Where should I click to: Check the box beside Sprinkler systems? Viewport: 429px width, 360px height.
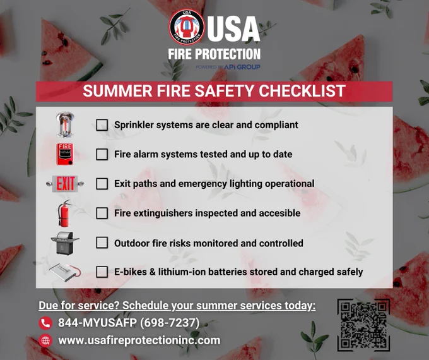point(102,125)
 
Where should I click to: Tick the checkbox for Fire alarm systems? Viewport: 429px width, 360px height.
point(102,154)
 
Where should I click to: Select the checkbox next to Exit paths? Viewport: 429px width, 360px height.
point(102,184)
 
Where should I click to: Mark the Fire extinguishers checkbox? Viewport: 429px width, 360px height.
point(102,213)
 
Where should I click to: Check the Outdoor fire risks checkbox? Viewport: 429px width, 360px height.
point(102,243)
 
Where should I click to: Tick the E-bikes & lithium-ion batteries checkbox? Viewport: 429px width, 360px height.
point(102,272)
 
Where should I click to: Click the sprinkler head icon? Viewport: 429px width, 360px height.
point(65,124)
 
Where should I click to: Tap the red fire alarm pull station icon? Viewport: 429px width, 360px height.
point(65,154)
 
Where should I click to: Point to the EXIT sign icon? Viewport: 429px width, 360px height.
point(65,184)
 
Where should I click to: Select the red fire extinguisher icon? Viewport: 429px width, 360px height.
point(64,213)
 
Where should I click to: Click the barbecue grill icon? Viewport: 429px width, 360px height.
point(65,243)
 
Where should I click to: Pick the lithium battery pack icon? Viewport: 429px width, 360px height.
point(65,272)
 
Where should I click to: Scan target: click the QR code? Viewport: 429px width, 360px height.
point(363,325)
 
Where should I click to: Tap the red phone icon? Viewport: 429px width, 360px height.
point(45,323)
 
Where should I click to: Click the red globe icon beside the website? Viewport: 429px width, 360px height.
point(45,340)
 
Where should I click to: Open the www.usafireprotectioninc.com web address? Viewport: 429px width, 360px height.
point(139,340)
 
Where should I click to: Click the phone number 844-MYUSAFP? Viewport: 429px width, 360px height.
point(97,323)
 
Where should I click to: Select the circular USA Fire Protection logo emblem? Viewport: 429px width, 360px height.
point(187,27)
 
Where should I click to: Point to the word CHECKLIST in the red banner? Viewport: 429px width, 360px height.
point(302,91)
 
